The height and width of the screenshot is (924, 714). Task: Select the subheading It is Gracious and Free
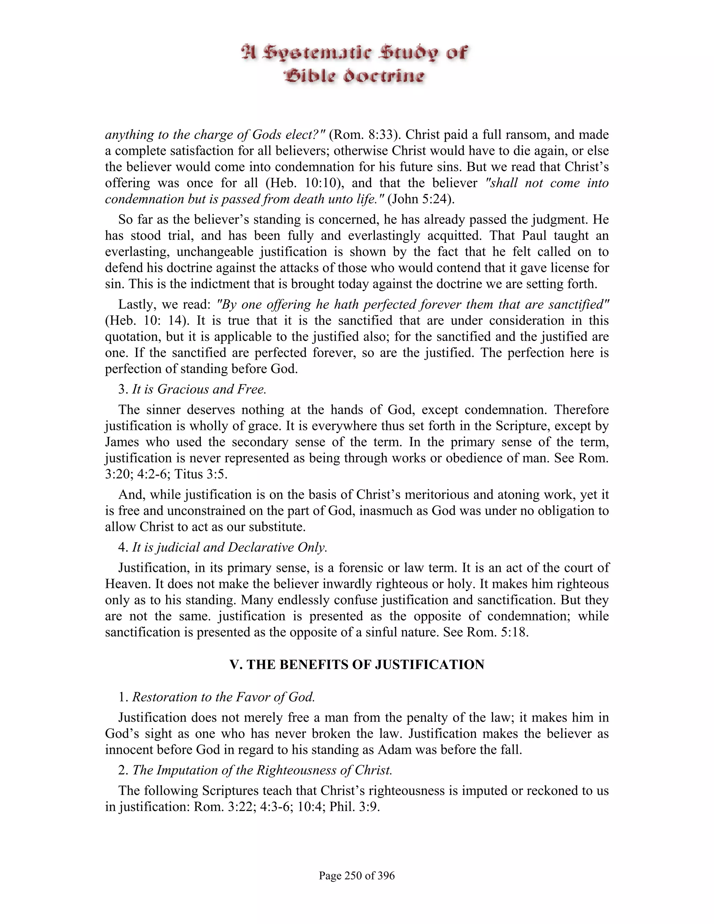coord(199,389)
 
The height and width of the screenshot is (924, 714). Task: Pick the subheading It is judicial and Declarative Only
coord(230,547)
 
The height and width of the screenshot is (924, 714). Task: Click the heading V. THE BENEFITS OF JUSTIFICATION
coord(357,665)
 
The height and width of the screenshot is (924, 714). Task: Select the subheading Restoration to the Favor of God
coord(223,697)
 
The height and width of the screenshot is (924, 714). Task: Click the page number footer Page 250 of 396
coord(357,875)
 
